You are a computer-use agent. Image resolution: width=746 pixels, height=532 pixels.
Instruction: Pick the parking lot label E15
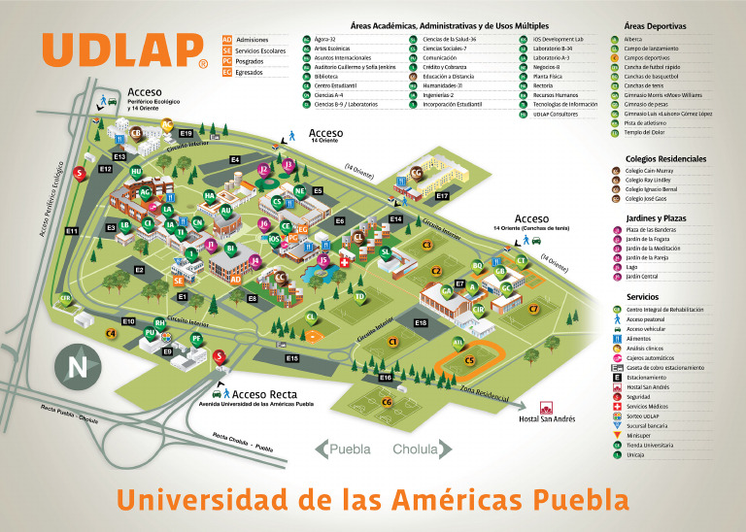(x=291, y=358)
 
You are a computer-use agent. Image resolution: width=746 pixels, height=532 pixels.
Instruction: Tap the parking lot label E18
(x=421, y=322)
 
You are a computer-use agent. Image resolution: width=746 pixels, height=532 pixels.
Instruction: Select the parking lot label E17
(x=442, y=196)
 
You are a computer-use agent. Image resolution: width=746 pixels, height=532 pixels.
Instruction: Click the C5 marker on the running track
(x=469, y=360)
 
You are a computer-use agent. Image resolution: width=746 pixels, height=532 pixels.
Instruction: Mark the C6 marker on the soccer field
(x=387, y=401)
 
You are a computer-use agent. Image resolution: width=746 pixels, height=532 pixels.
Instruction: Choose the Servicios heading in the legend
(x=643, y=297)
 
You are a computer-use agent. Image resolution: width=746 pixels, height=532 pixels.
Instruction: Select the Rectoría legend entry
(x=544, y=84)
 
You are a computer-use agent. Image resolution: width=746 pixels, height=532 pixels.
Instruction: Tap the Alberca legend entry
(x=634, y=39)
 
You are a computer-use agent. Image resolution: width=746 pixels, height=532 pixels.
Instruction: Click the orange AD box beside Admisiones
(x=227, y=39)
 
